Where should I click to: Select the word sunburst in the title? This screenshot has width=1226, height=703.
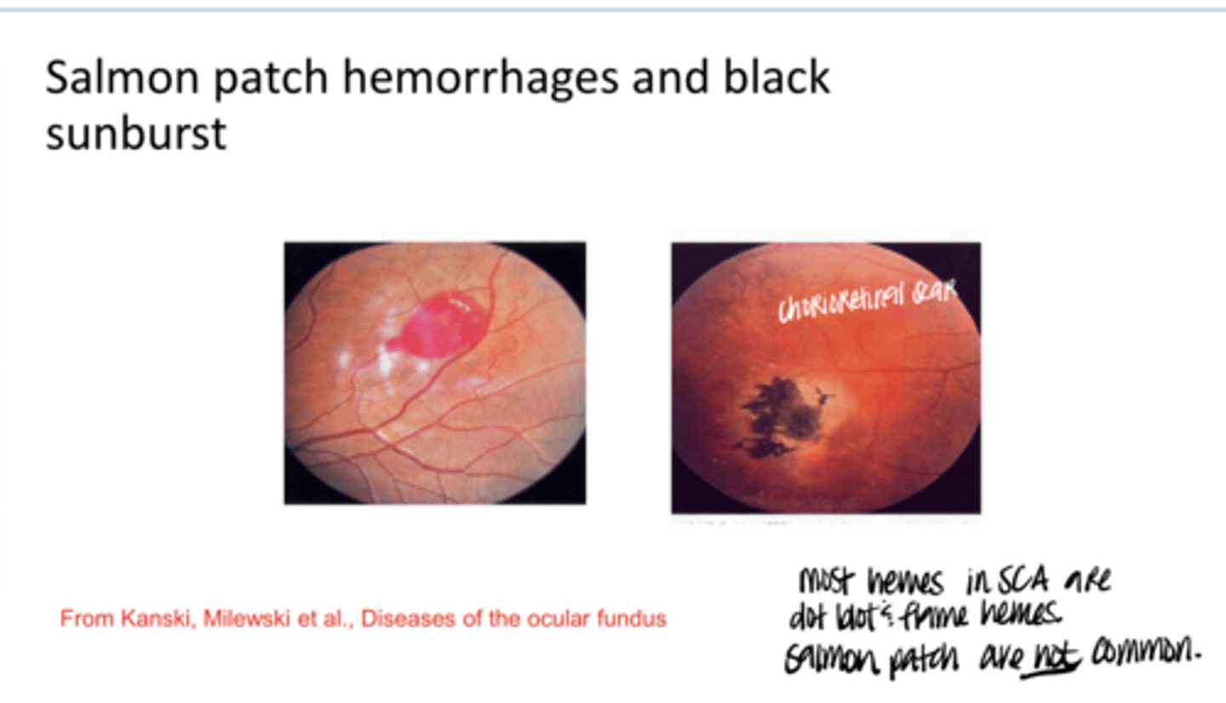[x=135, y=134]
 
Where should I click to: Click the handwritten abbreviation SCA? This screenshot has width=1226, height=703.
[x=1030, y=583]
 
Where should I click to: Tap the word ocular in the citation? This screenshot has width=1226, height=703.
[x=555, y=620]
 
